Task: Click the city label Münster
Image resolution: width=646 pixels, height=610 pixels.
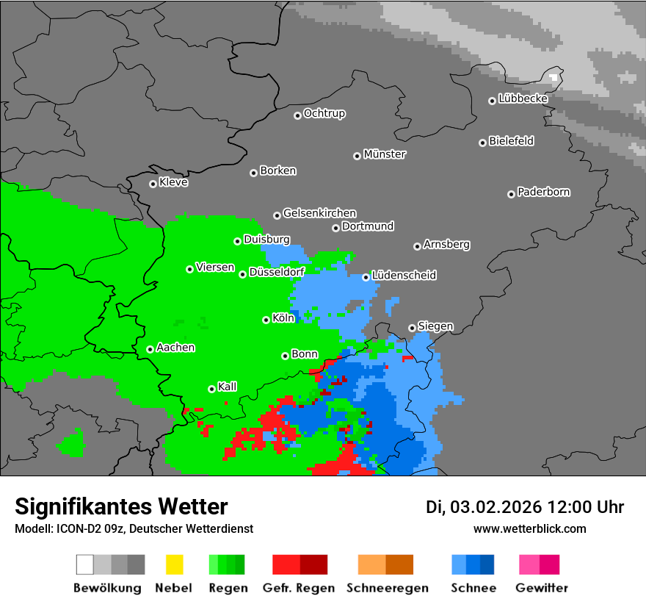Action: point(385,154)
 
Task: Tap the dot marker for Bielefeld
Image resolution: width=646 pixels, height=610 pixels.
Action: point(483,143)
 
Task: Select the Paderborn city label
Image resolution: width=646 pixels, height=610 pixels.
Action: point(544,192)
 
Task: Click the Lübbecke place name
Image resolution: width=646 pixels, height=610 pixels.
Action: point(523,98)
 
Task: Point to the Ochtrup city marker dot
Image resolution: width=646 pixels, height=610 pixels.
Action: point(297,115)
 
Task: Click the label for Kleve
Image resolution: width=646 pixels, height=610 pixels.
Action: point(173,182)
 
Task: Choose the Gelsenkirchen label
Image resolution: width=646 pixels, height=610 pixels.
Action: point(319,213)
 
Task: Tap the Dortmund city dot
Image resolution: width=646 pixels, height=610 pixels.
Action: point(335,228)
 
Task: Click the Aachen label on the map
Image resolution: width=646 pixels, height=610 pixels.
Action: point(175,348)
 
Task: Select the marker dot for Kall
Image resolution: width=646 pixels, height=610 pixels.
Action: point(211,389)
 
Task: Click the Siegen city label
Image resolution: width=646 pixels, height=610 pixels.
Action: point(435,326)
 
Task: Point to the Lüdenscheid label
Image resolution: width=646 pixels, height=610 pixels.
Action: point(404,276)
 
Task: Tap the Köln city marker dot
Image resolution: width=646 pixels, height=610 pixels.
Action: point(266,320)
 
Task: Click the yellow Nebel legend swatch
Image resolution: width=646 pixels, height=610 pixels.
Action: point(174,564)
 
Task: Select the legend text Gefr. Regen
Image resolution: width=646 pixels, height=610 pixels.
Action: point(299,588)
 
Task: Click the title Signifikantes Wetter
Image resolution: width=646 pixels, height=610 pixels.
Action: point(121,506)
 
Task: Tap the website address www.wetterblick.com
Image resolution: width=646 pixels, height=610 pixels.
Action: point(529,528)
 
